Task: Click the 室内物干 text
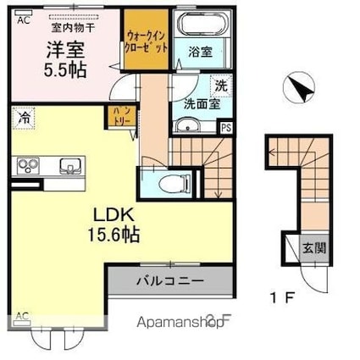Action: [x=60, y=27]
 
